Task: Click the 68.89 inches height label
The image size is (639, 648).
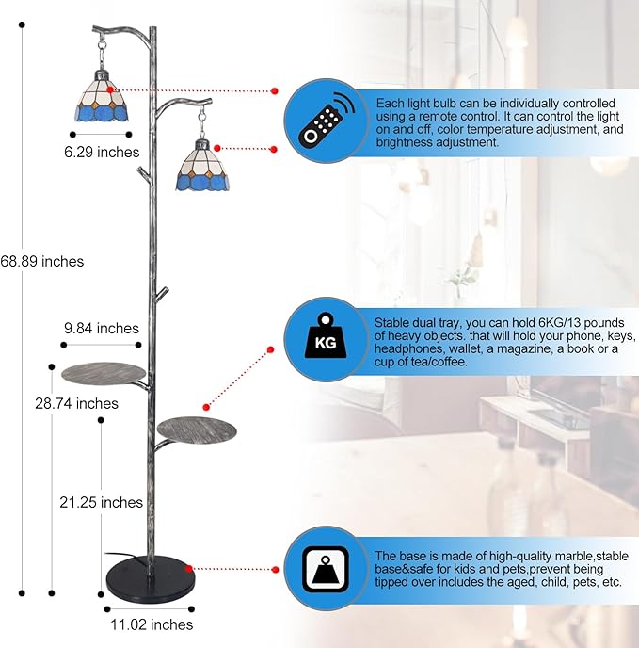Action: click(x=41, y=261)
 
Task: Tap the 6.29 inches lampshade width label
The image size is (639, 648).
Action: click(x=102, y=152)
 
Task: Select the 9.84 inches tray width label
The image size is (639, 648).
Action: click(x=102, y=328)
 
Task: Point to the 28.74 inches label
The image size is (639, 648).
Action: click(x=76, y=403)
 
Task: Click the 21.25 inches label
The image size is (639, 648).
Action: click(x=102, y=502)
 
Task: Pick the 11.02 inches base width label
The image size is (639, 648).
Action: click(x=152, y=624)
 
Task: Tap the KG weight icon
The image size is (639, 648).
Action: click(x=326, y=335)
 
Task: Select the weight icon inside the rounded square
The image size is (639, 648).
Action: click(x=326, y=569)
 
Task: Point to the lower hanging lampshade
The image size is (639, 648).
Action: click(x=202, y=166)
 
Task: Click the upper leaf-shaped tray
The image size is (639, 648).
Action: click(x=104, y=373)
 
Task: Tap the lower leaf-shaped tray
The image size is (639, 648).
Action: click(x=197, y=429)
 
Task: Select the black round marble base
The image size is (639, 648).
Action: click(x=151, y=576)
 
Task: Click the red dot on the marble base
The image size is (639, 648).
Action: click(x=189, y=569)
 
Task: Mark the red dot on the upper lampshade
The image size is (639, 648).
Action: click(x=110, y=89)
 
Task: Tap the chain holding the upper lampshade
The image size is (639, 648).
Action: click(x=102, y=52)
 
